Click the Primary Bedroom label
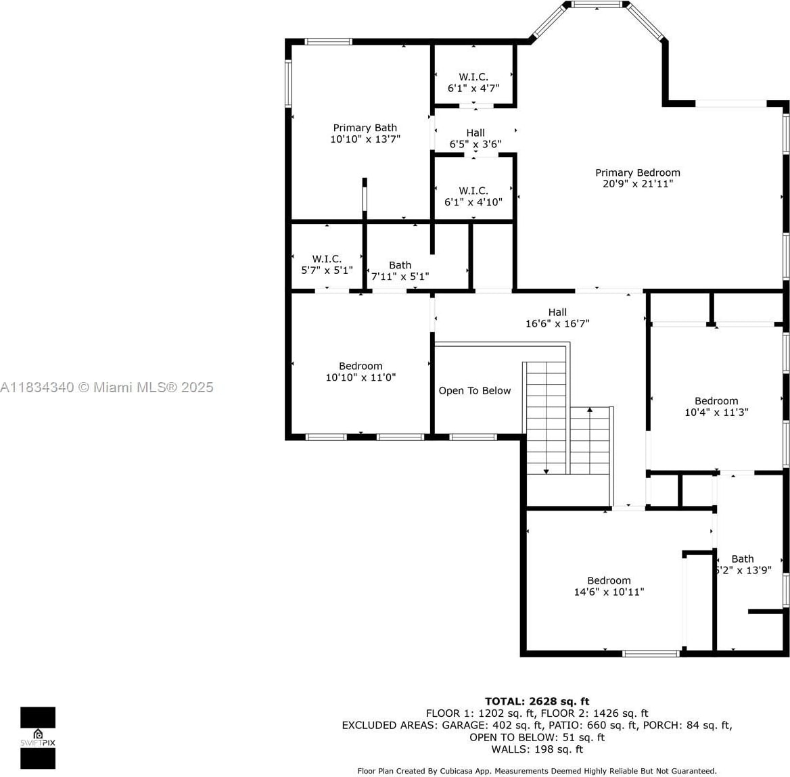[637, 173]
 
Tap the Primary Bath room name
[365, 128]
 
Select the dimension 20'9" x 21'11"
[638, 184]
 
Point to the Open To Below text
[475, 390]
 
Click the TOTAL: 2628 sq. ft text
[537, 701]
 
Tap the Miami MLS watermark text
[107, 387]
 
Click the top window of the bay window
[597, 5]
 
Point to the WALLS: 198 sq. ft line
[537, 749]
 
